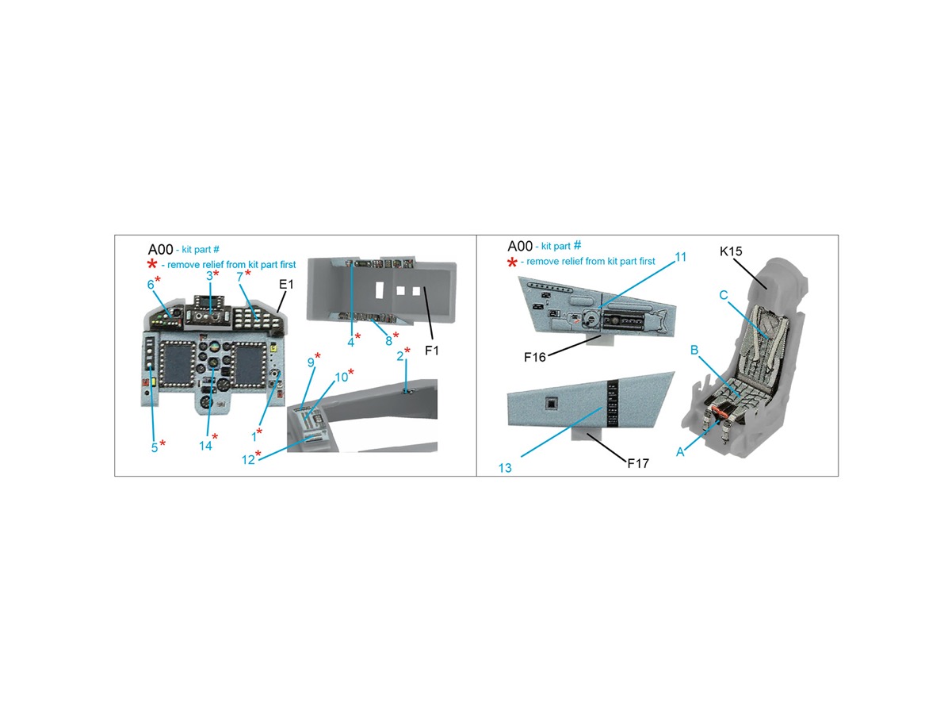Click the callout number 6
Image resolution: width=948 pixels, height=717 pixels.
click(151, 284)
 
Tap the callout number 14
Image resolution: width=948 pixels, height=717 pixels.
click(205, 445)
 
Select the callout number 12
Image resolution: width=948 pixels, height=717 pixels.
click(248, 459)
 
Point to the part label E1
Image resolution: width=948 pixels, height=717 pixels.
click(286, 285)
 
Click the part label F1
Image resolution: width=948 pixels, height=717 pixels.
click(432, 351)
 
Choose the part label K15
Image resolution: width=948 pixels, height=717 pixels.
click(730, 251)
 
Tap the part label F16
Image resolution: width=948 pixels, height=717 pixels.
click(534, 357)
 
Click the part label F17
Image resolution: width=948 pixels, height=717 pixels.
click(638, 463)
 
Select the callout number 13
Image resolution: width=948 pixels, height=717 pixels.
click(505, 468)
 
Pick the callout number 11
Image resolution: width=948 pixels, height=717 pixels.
click(681, 256)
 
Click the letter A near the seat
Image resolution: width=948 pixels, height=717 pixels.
click(680, 451)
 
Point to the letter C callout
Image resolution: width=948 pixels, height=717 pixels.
click(724, 295)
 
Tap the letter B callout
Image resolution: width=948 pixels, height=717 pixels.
click(694, 350)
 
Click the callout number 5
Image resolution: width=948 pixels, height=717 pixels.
click(155, 447)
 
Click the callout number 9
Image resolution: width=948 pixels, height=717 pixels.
click(311, 362)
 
